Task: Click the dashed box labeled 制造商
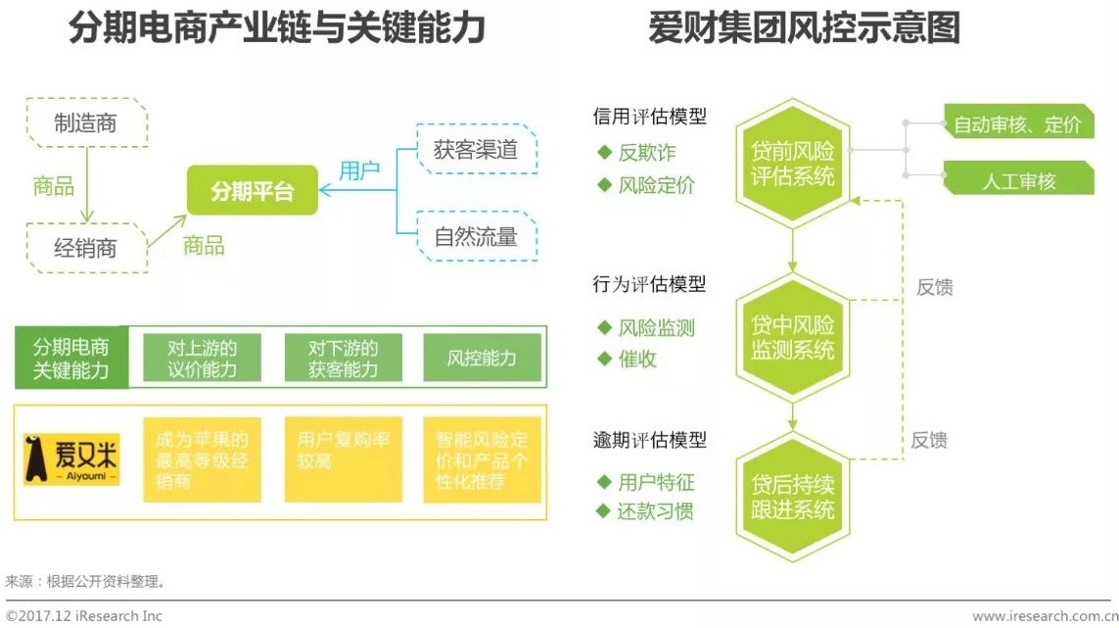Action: tap(86, 122)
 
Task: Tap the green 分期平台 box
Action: tap(252, 191)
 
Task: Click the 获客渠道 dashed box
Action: tap(476, 149)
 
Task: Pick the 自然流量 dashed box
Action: tap(476, 236)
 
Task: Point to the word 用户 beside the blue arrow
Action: tap(359, 170)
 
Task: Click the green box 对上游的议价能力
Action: tap(202, 358)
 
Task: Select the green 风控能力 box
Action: tap(481, 358)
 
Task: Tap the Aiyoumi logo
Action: tap(71, 459)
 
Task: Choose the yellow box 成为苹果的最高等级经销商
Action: tap(202, 459)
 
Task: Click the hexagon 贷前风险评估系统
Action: tap(792, 163)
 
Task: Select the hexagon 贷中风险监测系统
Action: tap(792, 337)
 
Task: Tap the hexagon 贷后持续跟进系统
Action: tap(792, 497)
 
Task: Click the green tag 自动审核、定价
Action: tap(1017, 124)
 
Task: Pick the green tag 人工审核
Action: tap(1017, 180)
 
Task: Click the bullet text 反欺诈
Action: tap(646, 153)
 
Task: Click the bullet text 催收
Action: tap(637, 360)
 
